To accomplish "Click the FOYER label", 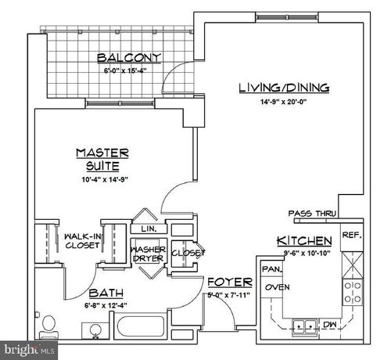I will [x=229, y=282].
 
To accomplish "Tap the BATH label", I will [x=103, y=293].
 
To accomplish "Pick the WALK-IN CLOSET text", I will [x=82, y=239].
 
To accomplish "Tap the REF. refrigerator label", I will [x=351, y=234].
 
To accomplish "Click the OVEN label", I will [x=278, y=286].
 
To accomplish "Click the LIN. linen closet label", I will [x=149, y=229].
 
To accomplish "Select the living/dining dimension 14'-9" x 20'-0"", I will [x=284, y=101].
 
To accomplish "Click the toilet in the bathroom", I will [x=48, y=326].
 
